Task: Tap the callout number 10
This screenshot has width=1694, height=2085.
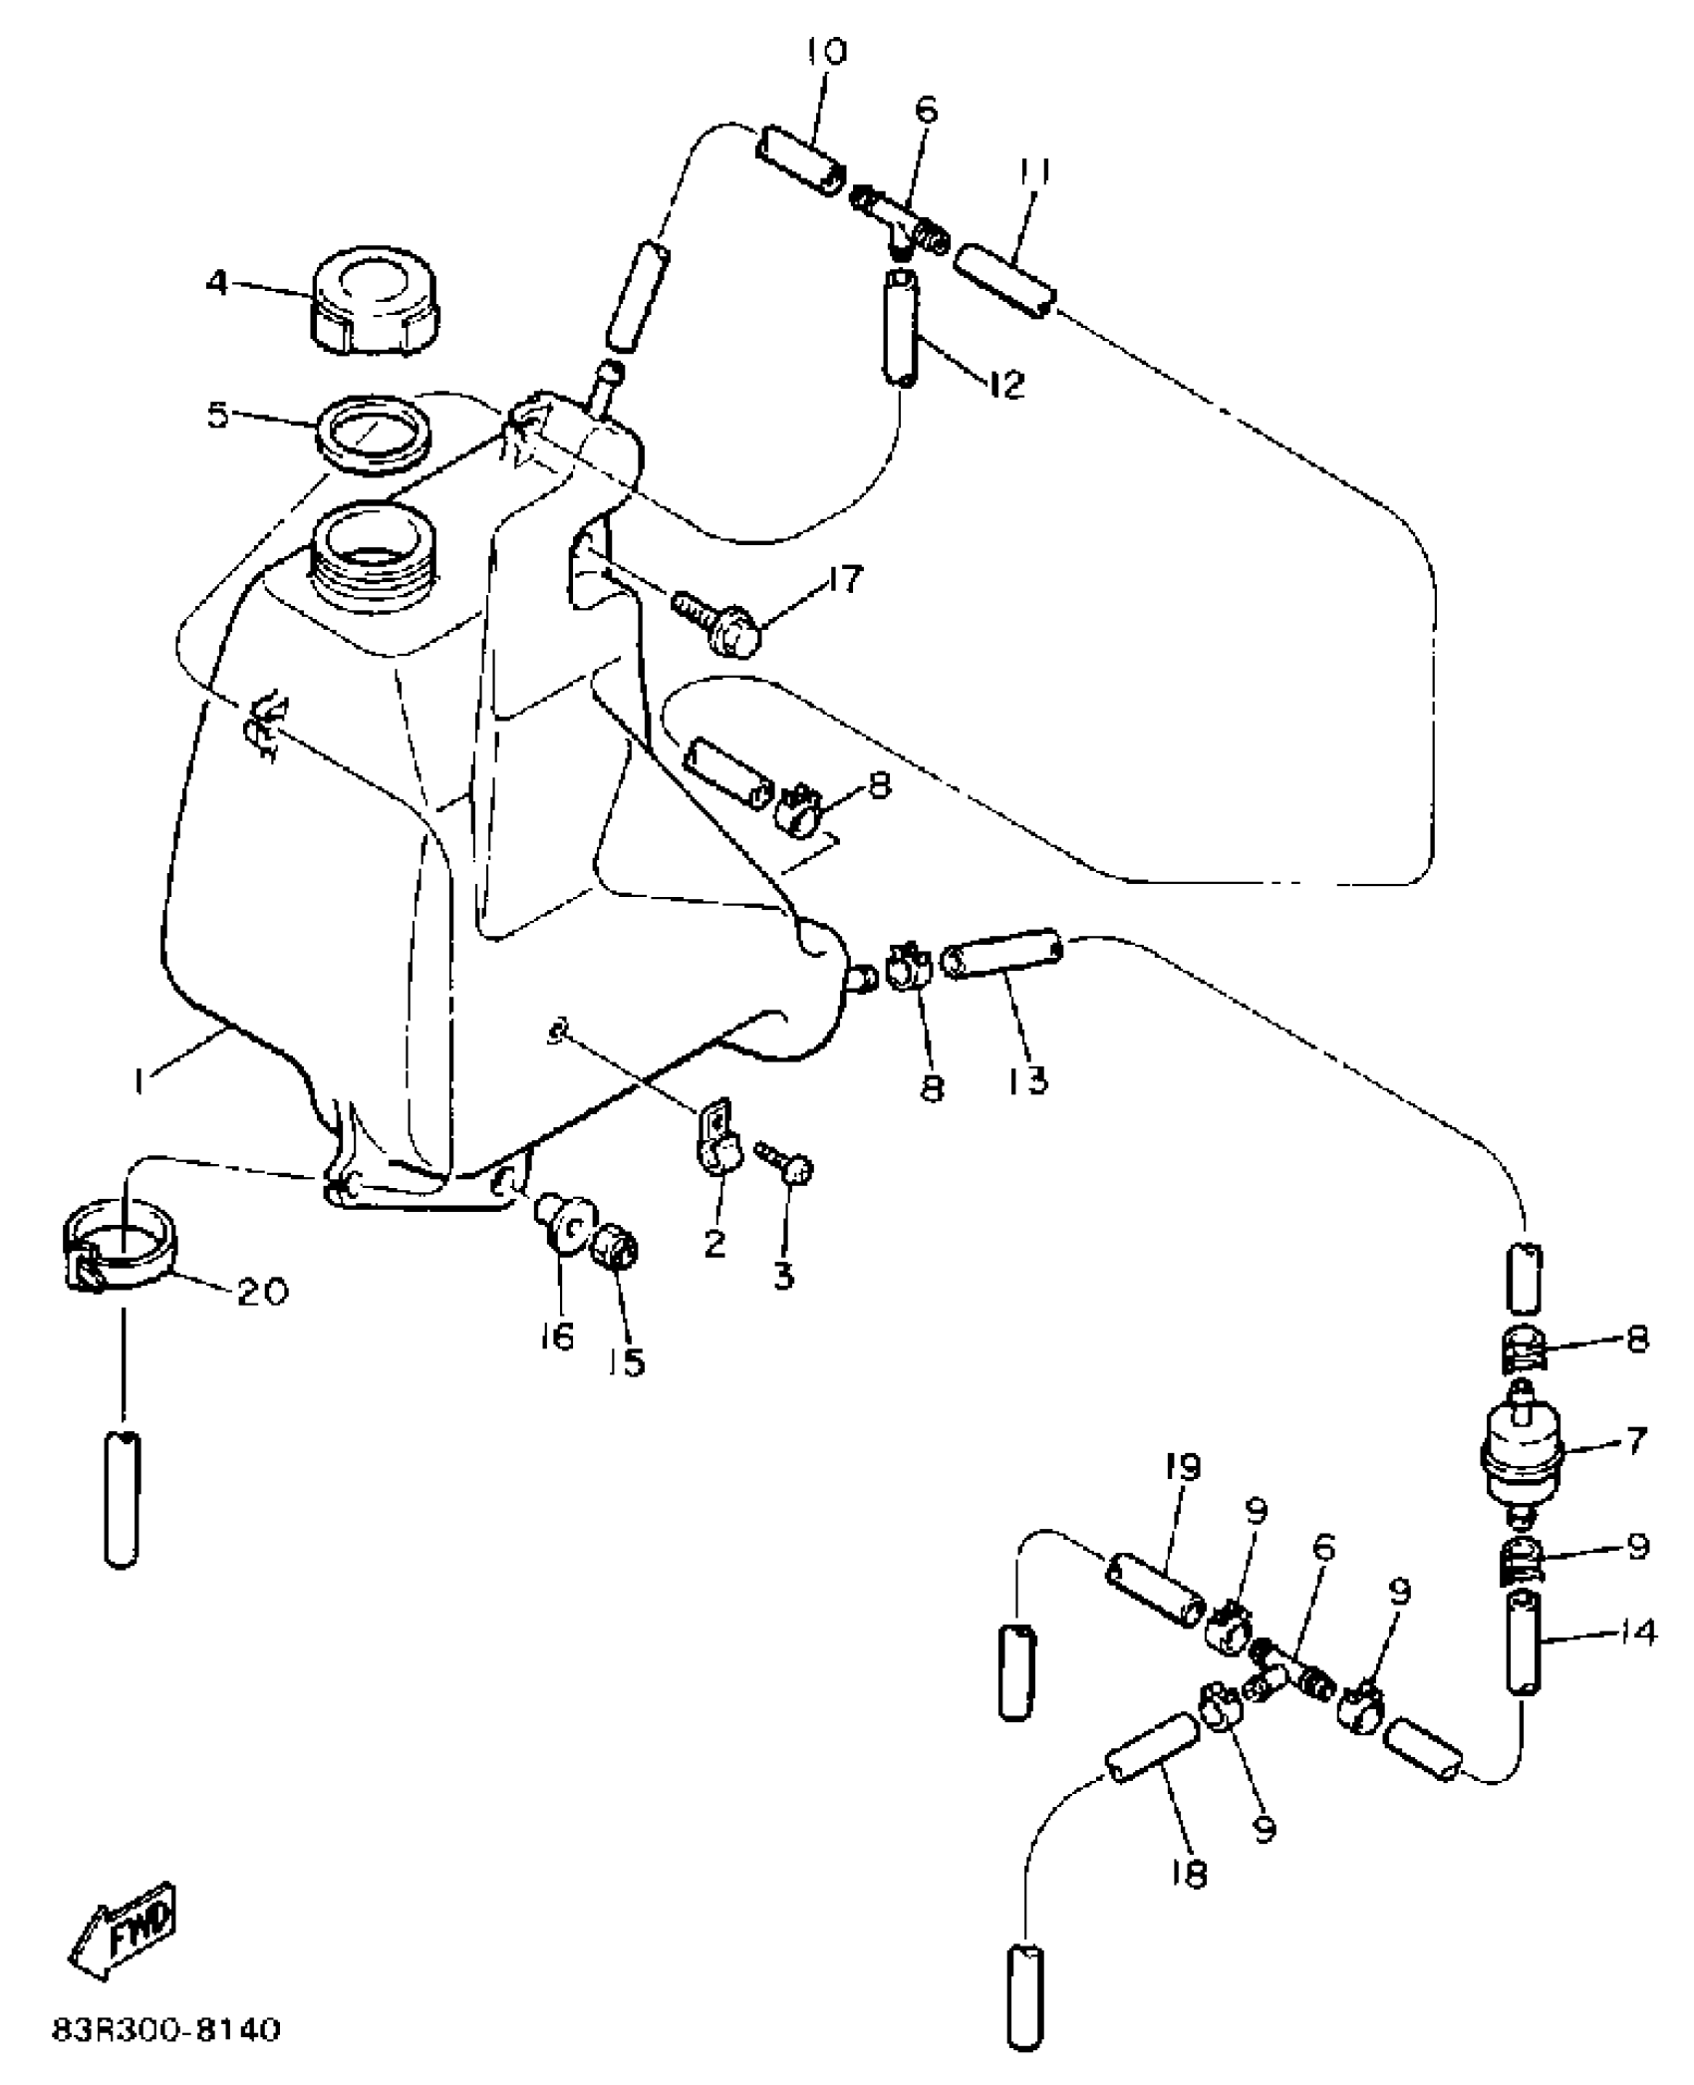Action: tap(823, 52)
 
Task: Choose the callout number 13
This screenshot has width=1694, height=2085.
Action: tap(1028, 1077)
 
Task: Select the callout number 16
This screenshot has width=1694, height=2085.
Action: tap(557, 1336)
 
